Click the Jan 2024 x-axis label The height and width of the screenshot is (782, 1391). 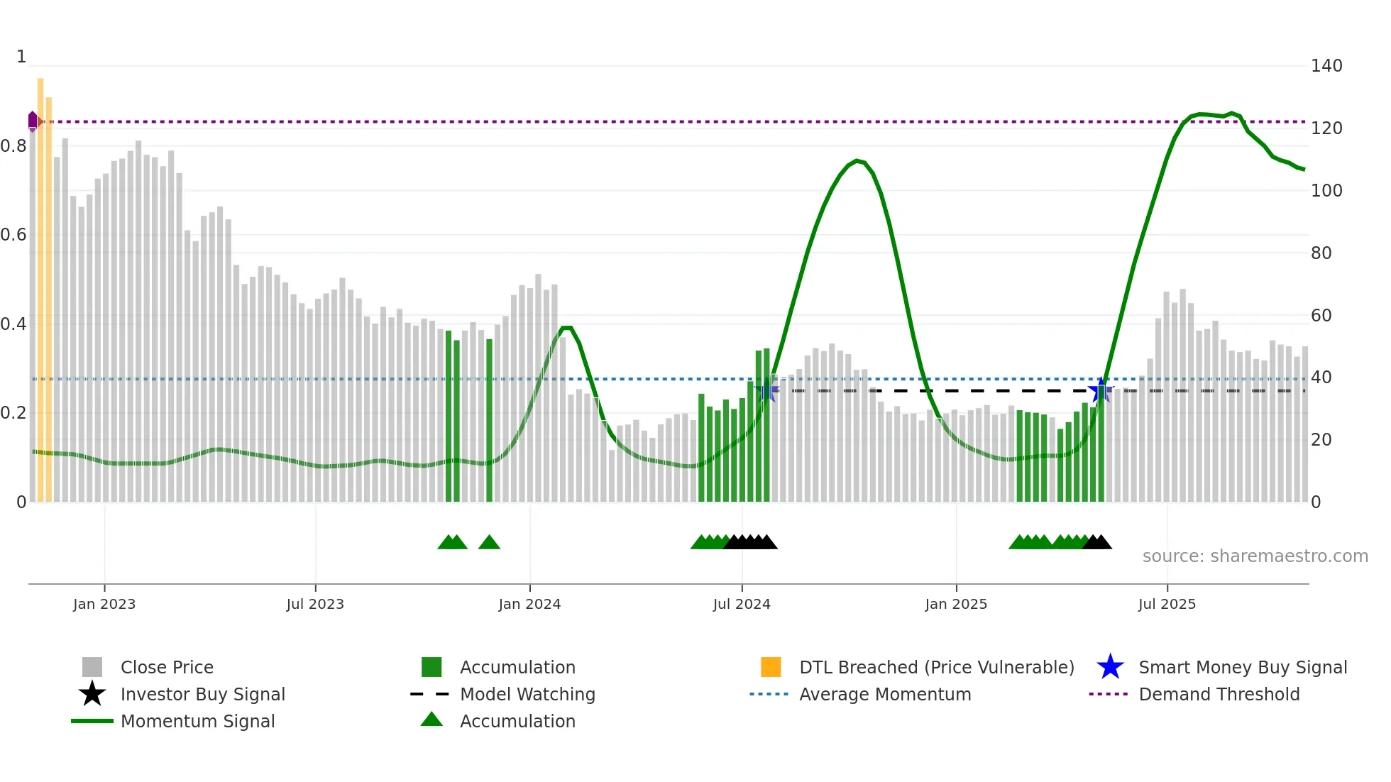click(529, 605)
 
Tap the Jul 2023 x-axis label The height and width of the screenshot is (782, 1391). click(315, 605)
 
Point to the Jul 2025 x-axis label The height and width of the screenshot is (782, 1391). click(1167, 605)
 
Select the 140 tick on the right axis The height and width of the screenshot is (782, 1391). click(1326, 66)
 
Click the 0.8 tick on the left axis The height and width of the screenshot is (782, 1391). click(13, 146)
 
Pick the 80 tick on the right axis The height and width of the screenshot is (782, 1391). click(1321, 253)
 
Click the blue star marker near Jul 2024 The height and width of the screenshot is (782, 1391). click(766, 390)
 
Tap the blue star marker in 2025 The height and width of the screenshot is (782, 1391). click(1101, 390)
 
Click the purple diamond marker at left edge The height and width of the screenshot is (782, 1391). click(33, 121)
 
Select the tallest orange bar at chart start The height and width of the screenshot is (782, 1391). click(40, 284)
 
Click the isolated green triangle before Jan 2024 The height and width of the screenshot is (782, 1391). click(489, 543)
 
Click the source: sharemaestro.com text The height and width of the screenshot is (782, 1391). click(1255, 556)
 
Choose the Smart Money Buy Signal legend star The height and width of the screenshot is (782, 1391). click(1110, 667)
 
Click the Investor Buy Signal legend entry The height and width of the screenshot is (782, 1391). click(202, 694)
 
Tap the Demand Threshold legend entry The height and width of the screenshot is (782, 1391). click(1219, 694)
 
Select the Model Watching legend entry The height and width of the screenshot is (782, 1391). click(527, 694)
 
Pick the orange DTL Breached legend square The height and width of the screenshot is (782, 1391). click(771, 667)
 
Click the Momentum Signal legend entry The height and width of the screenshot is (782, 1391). click(197, 721)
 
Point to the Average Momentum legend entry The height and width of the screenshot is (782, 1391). click(884, 694)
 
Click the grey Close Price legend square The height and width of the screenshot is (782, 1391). click(92, 667)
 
